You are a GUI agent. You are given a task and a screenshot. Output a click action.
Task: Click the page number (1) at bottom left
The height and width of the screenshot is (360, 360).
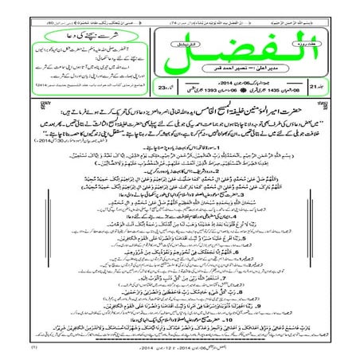click(11, 349)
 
